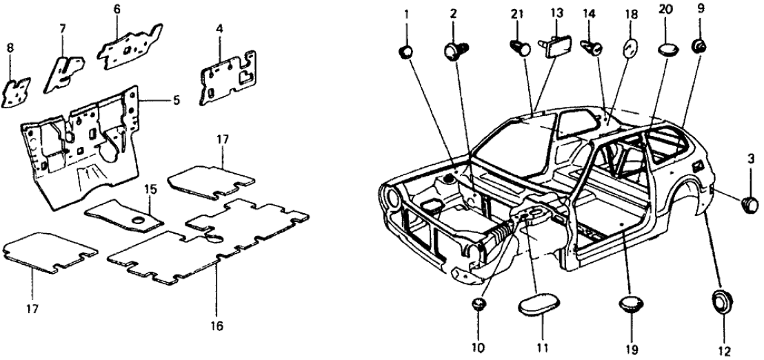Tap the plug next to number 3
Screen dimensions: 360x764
point(749,203)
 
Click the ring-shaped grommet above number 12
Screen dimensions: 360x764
point(721,301)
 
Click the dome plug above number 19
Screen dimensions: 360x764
point(632,305)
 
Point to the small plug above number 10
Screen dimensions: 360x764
point(480,304)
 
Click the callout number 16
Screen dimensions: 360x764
point(217,323)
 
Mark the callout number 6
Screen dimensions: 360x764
point(117,9)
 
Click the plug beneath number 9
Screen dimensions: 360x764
point(699,46)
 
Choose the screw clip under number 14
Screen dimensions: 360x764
point(592,48)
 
